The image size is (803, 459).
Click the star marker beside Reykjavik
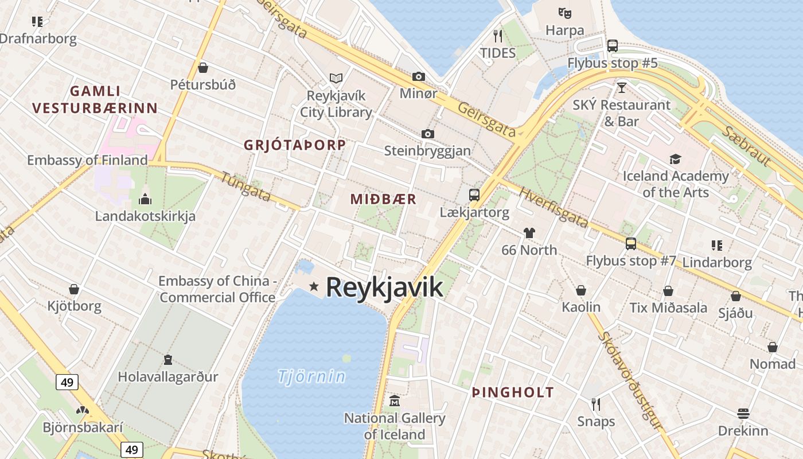[314, 286]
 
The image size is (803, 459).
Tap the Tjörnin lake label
[311, 376]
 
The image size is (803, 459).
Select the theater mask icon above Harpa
[565, 12]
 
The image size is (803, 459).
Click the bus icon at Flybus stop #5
[613, 45]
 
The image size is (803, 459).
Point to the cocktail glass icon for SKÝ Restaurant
[621, 88]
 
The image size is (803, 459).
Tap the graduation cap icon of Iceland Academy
[675, 159]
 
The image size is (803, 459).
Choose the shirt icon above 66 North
[529, 233]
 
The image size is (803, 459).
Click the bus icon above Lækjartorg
[474, 195]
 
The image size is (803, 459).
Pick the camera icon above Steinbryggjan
[427, 134]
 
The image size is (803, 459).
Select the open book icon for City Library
[336, 78]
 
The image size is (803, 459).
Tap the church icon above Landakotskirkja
[145, 199]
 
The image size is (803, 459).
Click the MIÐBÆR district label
[383, 199]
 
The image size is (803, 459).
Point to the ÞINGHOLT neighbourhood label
[513, 392]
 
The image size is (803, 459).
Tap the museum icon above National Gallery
[395, 401]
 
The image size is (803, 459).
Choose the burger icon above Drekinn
[743, 414]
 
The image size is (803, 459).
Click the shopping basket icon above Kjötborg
[74, 289]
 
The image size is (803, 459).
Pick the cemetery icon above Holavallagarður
[168, 360]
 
